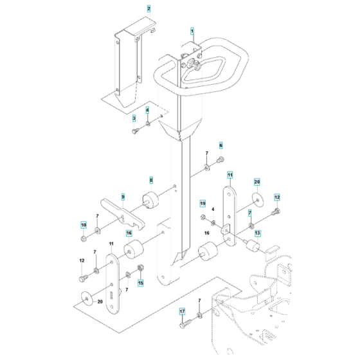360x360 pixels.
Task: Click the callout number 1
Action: [191, 31]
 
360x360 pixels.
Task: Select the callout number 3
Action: [134, 118]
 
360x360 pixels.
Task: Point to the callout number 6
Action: [221, 146]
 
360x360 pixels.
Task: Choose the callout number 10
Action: [83, 224]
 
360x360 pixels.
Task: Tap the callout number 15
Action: [141, 282]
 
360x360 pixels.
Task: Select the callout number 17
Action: [182, 312]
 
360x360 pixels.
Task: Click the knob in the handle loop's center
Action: [195, 64]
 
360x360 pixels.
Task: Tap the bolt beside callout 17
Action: [183, 323]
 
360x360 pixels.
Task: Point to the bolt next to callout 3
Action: [136, 130]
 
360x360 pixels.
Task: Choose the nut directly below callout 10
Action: [84, 239]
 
